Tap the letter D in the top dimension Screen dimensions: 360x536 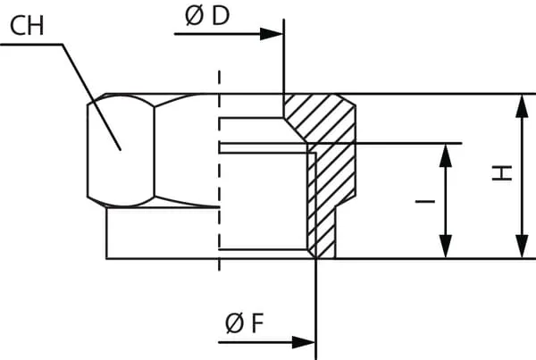[218, 18]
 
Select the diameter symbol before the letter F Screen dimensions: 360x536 [233, 323]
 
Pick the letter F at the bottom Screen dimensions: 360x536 [255, 323]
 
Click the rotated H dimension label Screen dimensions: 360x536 [505, 173]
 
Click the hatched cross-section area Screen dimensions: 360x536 [330, 161]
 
